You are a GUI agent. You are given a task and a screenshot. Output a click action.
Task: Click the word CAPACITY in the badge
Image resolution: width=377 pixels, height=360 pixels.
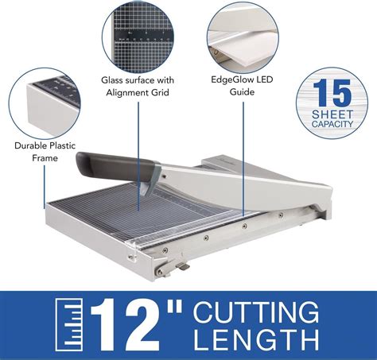pyautogui.click(x=330, y=124)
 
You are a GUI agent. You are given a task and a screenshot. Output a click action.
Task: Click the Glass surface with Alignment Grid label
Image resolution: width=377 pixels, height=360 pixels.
pyautogui.click(x=136, y=87)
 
